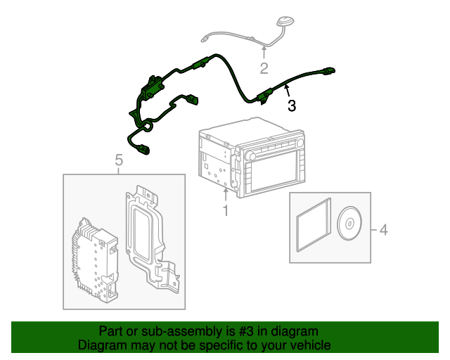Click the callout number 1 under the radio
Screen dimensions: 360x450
click(225, 210)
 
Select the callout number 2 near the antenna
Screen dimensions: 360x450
click(264, 68)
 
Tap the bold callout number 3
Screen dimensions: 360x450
click(291, 106)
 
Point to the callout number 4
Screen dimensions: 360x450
click(383, 229)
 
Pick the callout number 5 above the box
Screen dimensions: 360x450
click(118, 162)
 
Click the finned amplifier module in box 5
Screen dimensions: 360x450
click(93, 261)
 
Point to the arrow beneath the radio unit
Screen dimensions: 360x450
click(225, 193)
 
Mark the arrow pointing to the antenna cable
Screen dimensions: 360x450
click(264, 51)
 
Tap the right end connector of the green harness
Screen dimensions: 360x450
click(330, 70)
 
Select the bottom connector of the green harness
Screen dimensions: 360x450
click(144, 148)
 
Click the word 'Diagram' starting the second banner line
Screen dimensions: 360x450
click(102, 345)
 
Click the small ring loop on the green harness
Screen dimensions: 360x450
click(148, 127)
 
